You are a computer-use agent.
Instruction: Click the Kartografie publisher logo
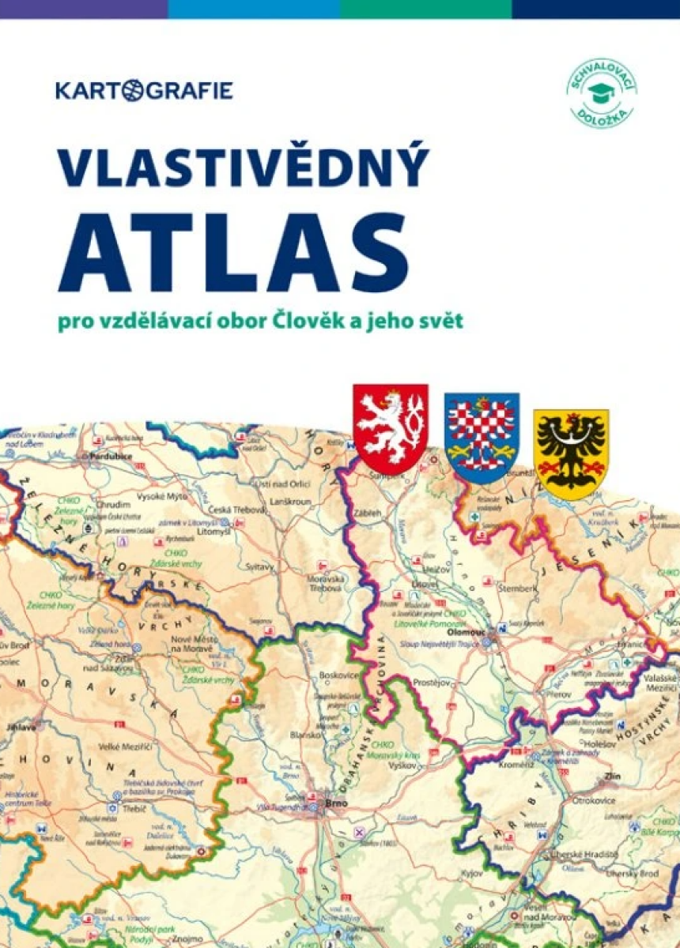tap(144, 90)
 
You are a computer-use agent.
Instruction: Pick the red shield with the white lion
tap(391, 427)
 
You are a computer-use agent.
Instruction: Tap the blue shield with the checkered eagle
tap(481, 437)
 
